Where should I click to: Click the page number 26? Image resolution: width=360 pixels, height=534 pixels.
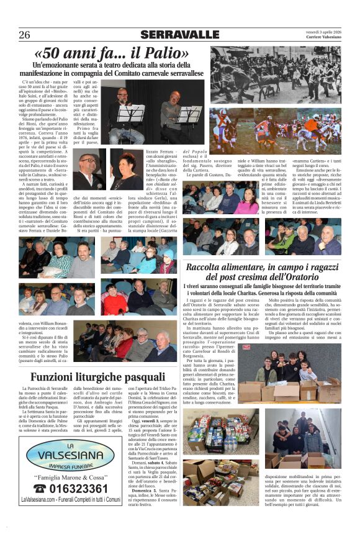pyautogui.click(x=24, y=35)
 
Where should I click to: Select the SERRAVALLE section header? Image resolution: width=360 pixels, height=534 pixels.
pyautogui.click(x=179, y=35)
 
